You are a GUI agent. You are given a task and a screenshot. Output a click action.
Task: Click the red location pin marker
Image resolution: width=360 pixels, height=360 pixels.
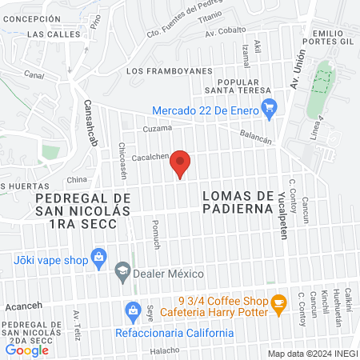pos(181,163)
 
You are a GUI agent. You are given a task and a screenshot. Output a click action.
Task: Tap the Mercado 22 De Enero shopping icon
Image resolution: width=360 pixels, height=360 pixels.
pos(270,105)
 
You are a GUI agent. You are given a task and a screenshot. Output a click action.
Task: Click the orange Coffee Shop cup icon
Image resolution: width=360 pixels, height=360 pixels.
pos(278,303)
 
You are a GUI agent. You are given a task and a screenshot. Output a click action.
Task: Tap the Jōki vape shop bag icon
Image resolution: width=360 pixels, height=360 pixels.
pos(99,257)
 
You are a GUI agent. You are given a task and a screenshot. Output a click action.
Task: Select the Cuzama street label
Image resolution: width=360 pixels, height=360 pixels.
pos(158,128)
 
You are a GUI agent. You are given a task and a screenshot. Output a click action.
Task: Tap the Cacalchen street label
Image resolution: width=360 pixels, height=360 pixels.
pos(150,158)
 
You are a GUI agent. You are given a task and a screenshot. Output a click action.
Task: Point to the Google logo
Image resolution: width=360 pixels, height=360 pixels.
pos(26,349)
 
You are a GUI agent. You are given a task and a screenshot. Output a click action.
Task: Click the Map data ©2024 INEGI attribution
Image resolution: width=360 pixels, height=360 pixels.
pos(312,354)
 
